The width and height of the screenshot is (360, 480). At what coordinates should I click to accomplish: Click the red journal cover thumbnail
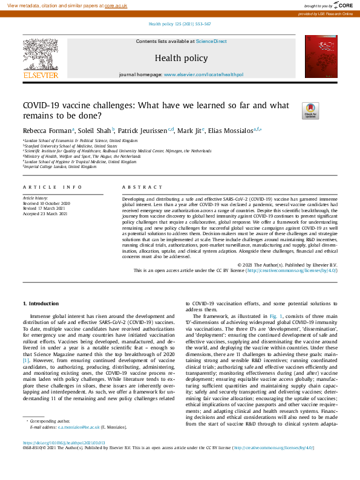pos(319,57)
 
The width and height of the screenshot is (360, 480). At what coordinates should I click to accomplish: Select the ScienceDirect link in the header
pos(211,41)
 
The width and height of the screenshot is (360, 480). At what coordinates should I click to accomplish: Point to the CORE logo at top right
pos(342,5)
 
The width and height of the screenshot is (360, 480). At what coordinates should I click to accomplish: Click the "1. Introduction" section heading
pos(41,303)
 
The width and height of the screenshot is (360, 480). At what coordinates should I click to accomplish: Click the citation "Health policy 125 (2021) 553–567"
pos(180,24)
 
